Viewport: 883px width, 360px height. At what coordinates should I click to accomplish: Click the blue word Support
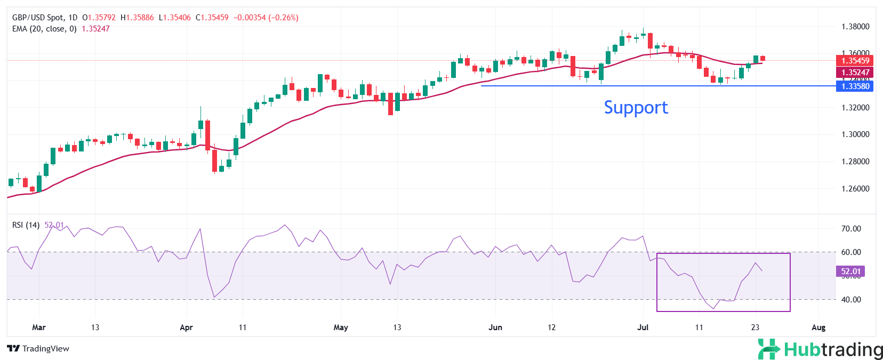[636, 108]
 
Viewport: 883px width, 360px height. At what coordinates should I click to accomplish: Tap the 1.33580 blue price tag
[855, 86]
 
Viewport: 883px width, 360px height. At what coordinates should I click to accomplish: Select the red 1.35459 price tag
[855, 61]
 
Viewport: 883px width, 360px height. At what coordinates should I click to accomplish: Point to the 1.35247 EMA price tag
[855, 73]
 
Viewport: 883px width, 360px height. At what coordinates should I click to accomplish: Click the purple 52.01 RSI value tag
[850, 271]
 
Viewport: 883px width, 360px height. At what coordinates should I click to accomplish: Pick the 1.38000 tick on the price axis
[855, 27]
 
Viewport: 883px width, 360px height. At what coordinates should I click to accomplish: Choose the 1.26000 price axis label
[855, 189]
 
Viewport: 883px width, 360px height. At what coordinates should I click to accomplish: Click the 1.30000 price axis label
[855, 134]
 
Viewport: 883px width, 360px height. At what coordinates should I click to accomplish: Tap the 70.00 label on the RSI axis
[850, 229]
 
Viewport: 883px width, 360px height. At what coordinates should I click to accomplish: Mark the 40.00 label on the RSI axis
[850, 300]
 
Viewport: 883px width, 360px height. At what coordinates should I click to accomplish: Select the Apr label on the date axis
[186, 327]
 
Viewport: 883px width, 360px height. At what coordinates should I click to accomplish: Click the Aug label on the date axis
[818, 327]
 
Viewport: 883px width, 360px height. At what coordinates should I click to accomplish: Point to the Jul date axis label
[643, 327]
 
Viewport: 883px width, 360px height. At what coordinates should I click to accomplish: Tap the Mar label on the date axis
[39, 327]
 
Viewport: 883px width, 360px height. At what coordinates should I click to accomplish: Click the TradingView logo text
[39, 349]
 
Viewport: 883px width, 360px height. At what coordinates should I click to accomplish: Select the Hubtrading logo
[820, 349]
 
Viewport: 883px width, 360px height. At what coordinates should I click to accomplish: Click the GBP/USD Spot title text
[45, 18]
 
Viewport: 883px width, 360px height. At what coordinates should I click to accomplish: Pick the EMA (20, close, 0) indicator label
[44, 29]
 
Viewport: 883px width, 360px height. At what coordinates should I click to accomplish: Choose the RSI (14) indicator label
[26, 225]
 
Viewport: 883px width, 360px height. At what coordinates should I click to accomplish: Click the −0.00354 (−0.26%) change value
[266, 18]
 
